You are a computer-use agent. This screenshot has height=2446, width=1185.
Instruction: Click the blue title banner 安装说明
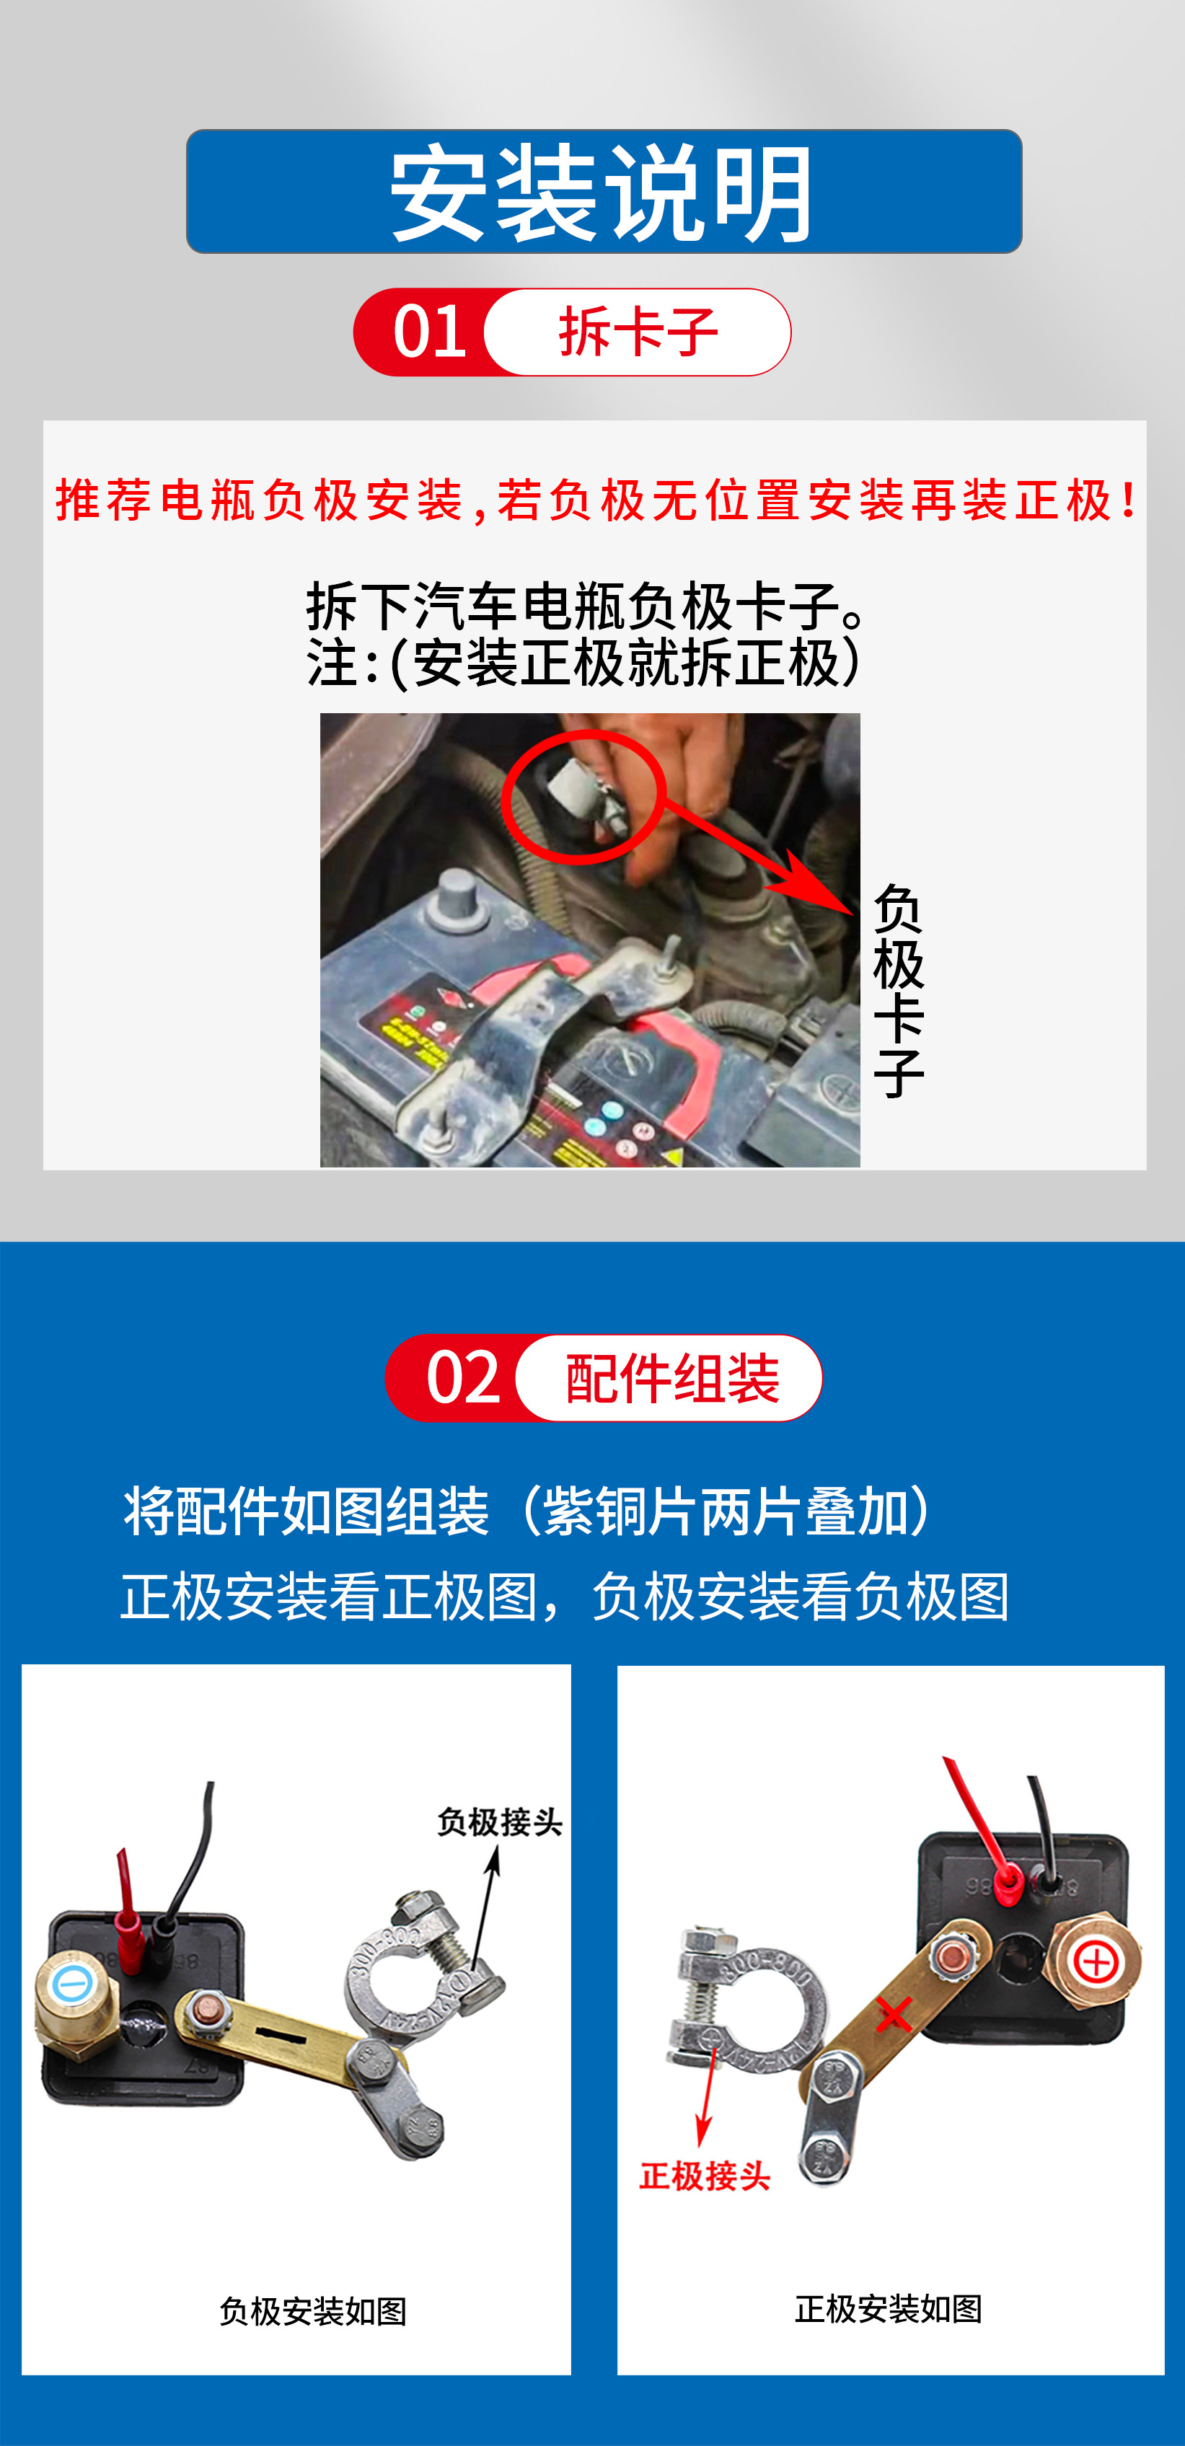[x=604, y=191]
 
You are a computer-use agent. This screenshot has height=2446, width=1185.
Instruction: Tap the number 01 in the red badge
[x=429, y=332]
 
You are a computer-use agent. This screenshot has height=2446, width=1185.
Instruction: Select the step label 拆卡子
[x=638, y=332]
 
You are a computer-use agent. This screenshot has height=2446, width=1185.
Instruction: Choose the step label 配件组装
[x=672, y=1378]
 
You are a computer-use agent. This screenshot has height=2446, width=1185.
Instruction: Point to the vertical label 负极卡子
[x=898, y=990]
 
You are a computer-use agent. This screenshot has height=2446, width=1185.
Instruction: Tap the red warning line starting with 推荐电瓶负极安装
[x=596, y=500]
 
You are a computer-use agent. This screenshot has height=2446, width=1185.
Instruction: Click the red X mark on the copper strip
[x=894, y=2015]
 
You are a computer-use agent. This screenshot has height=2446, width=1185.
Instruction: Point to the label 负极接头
[x=499, y=1822]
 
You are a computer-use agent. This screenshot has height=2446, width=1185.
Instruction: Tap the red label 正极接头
[x=705, y=2176]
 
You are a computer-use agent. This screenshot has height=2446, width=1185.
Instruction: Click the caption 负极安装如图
[x=313, y=2311]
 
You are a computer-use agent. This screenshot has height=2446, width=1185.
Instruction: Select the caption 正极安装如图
[x=889, y=2308]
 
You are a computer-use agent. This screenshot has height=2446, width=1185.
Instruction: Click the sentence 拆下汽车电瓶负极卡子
[x=586, y=606]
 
